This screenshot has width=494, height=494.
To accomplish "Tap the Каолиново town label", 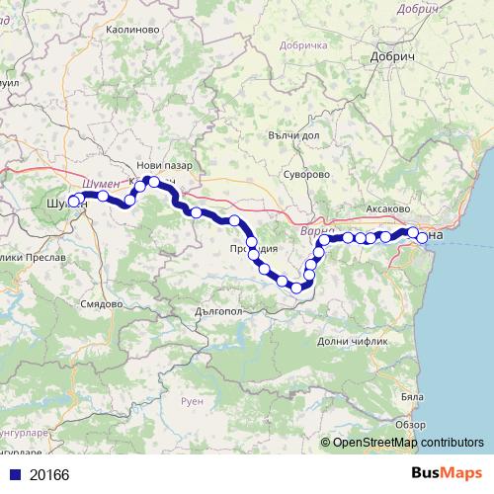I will click(132, 31).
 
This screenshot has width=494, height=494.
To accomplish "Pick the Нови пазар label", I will click(164, 165).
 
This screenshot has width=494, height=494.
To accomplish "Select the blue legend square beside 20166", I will click(12, 474).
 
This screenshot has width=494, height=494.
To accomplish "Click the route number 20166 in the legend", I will click(48, 474).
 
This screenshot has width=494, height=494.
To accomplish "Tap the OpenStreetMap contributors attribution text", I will click(408, 443).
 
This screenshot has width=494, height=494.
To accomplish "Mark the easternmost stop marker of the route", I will click(423, 238).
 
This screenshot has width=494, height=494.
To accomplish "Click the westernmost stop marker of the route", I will click(73, 203).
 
